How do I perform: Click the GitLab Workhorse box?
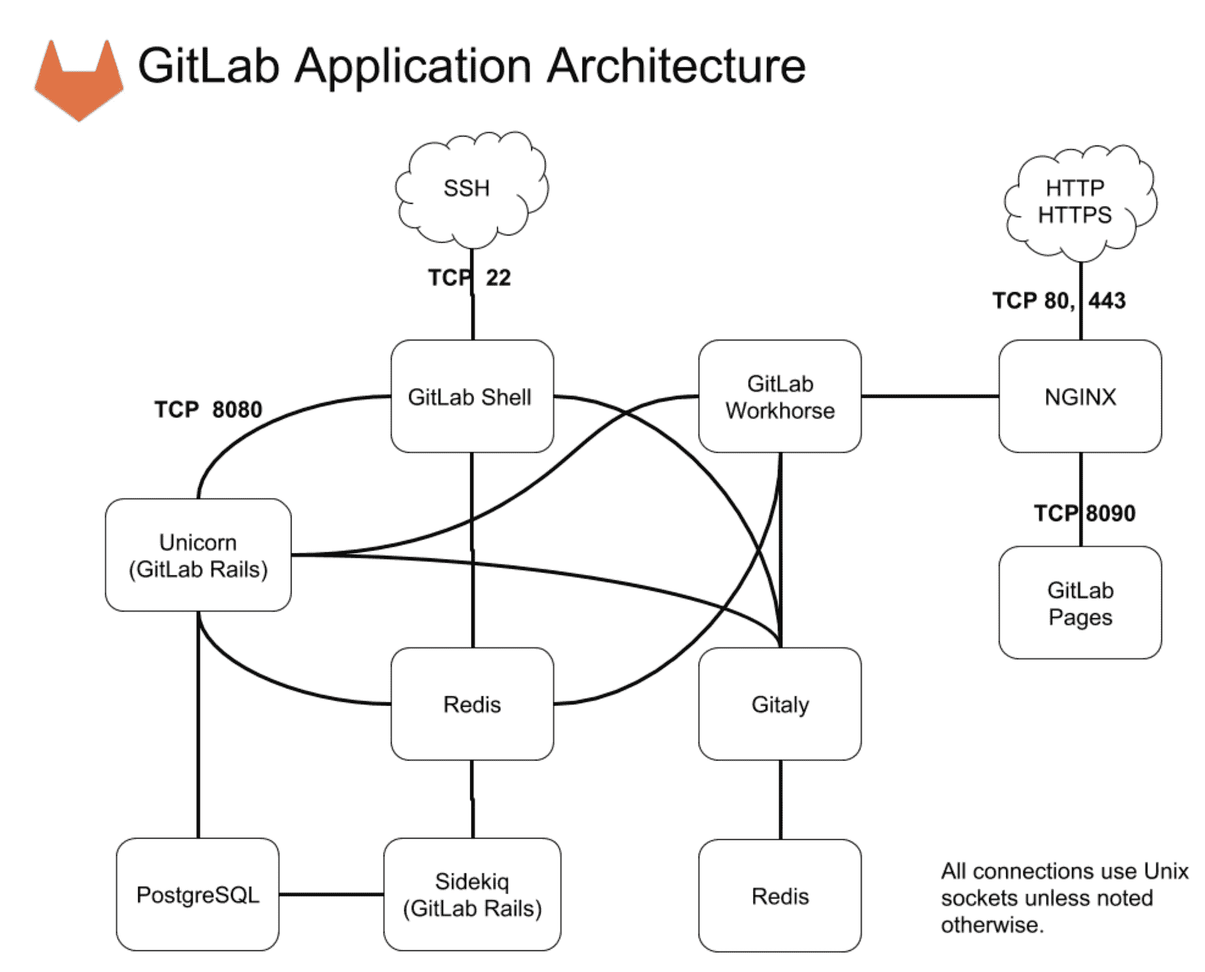(x=779, y=396)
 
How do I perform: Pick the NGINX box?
(x=1080, y=396)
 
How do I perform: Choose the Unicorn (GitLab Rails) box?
(x=198, y=555)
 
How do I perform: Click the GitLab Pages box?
(x=1080, y=603)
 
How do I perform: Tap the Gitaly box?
(x=779, y=704)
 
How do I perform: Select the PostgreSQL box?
(x=198, y=894)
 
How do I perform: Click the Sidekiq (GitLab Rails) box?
(x=472, y=894)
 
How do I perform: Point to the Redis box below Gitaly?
(x=779, y=895)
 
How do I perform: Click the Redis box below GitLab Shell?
(x=472, y=704)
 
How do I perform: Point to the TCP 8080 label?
(x=208, y=409)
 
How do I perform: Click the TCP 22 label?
(x=469, y=278)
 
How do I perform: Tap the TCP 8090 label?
(x=1084, y=513)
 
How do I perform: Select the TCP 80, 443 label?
(x=1059, y=300)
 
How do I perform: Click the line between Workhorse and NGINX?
(x=929, y=396)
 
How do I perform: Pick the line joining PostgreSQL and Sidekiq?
(x=331, y=894)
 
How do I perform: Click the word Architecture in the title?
(x=676, y=66)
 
